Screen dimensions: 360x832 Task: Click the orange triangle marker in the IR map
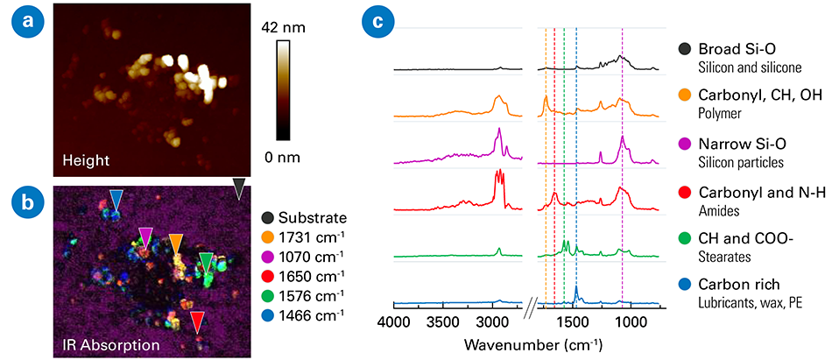click(176, 243)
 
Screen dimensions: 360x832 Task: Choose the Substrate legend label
click(314, 217)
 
